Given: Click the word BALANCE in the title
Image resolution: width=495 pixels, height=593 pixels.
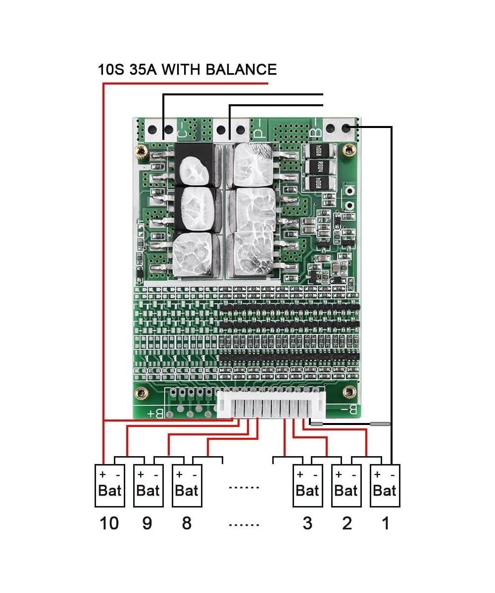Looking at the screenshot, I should point(241,69).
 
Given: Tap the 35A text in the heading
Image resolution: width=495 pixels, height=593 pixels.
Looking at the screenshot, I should point(140,69).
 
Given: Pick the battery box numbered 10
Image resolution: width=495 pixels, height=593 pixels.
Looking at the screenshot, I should point(109,486).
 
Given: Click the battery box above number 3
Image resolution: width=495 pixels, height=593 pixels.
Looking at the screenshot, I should point(307,486).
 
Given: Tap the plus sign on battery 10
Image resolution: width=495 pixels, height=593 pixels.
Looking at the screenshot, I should point(102,474).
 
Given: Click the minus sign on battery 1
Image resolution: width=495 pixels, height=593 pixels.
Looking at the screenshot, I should point(393,474).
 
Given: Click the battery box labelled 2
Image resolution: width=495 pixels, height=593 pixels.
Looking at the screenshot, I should point(346,486).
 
